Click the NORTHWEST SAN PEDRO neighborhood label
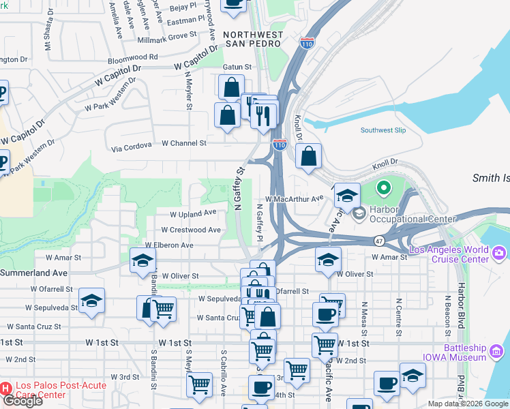click(x=252, y=39)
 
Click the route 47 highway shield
click(x=378, y=241)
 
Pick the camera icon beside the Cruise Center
click(x=500, y=253)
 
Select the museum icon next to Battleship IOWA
click(x=496, y=352)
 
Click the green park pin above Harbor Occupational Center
click(x=383, y=187)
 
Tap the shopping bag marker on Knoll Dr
click(x=309, y=157)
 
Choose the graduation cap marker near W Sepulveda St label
click(x=91, y=301)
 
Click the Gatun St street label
click(x=237, y=67)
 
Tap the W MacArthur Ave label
click(x=294, y=198)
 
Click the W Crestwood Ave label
click(x=195, y=230)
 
